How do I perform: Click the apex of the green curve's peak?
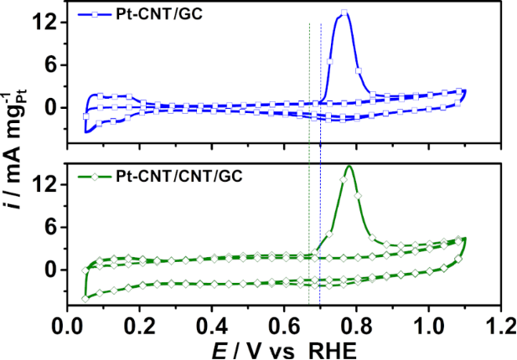point(349,166)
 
